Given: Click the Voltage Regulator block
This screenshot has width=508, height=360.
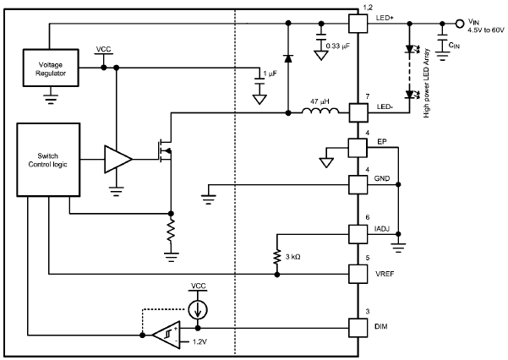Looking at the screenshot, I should [x=49, y=68].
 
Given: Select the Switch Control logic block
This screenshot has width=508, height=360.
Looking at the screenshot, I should [x=49, y=161].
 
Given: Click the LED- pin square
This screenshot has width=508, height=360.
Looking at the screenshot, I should [x=358, y=111].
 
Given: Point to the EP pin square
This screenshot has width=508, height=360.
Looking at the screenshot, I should [x=358, y=148].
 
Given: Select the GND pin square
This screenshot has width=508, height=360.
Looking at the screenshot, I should [x=358, y=183].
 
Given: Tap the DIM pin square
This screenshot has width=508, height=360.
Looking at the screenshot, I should [x=358, y=326].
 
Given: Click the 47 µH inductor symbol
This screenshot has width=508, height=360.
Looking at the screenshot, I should [x=320, y=109].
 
